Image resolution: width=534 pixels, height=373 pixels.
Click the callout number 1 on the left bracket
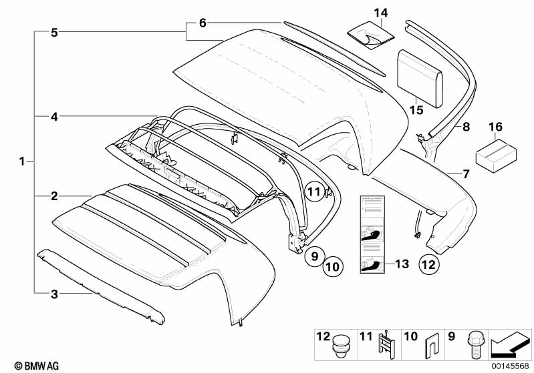(22, 161)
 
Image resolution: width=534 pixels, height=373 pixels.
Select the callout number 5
(55, 31)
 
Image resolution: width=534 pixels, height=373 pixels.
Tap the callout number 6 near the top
(203, 23)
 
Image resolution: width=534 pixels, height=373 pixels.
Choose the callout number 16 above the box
(495, 126)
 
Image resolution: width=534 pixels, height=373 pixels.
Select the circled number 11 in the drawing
(315, 193)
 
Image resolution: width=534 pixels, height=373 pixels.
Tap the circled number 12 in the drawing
(430, 264)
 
